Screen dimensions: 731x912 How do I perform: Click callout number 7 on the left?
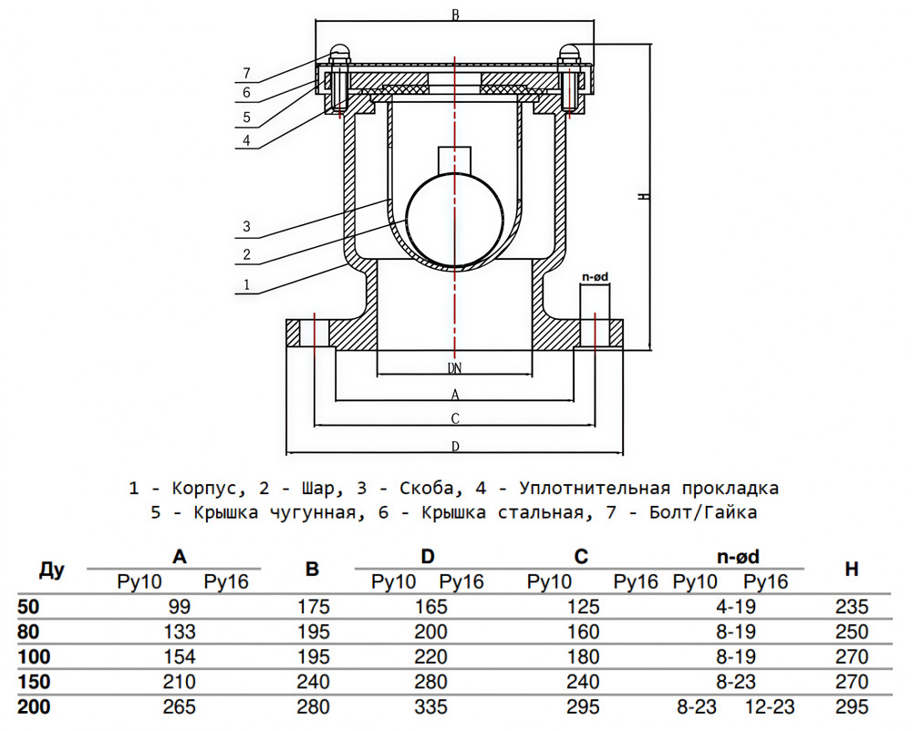246,73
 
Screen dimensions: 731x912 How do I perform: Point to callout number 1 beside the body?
246,285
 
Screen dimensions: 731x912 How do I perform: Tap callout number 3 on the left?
246,226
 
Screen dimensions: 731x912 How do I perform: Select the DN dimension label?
454,368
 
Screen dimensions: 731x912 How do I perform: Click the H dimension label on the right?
643,197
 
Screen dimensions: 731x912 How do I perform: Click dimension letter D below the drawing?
454,446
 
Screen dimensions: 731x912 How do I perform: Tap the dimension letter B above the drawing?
454,15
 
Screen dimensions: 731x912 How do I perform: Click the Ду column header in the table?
52,571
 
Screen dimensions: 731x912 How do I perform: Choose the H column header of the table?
851,570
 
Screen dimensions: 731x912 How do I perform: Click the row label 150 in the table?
35,682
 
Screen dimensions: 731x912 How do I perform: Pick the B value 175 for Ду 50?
312,607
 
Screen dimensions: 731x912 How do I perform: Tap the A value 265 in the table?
180,706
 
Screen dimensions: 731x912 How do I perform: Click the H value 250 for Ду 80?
852,632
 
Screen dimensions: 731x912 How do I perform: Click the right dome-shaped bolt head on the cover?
572,54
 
